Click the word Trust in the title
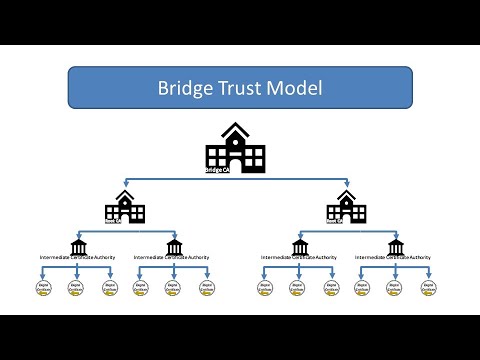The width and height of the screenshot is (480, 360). (246, 87)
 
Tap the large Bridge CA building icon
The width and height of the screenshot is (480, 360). (236, 148)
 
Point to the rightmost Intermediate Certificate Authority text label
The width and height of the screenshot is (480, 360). (396, 258)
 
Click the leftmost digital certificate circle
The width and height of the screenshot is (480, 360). (43, 289)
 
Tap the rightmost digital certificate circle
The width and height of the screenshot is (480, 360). (429, 289)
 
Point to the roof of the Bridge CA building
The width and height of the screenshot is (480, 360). (236, 130)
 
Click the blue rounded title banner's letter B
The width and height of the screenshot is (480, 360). (163, 87)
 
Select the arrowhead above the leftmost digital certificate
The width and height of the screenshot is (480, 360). (43, 277)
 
